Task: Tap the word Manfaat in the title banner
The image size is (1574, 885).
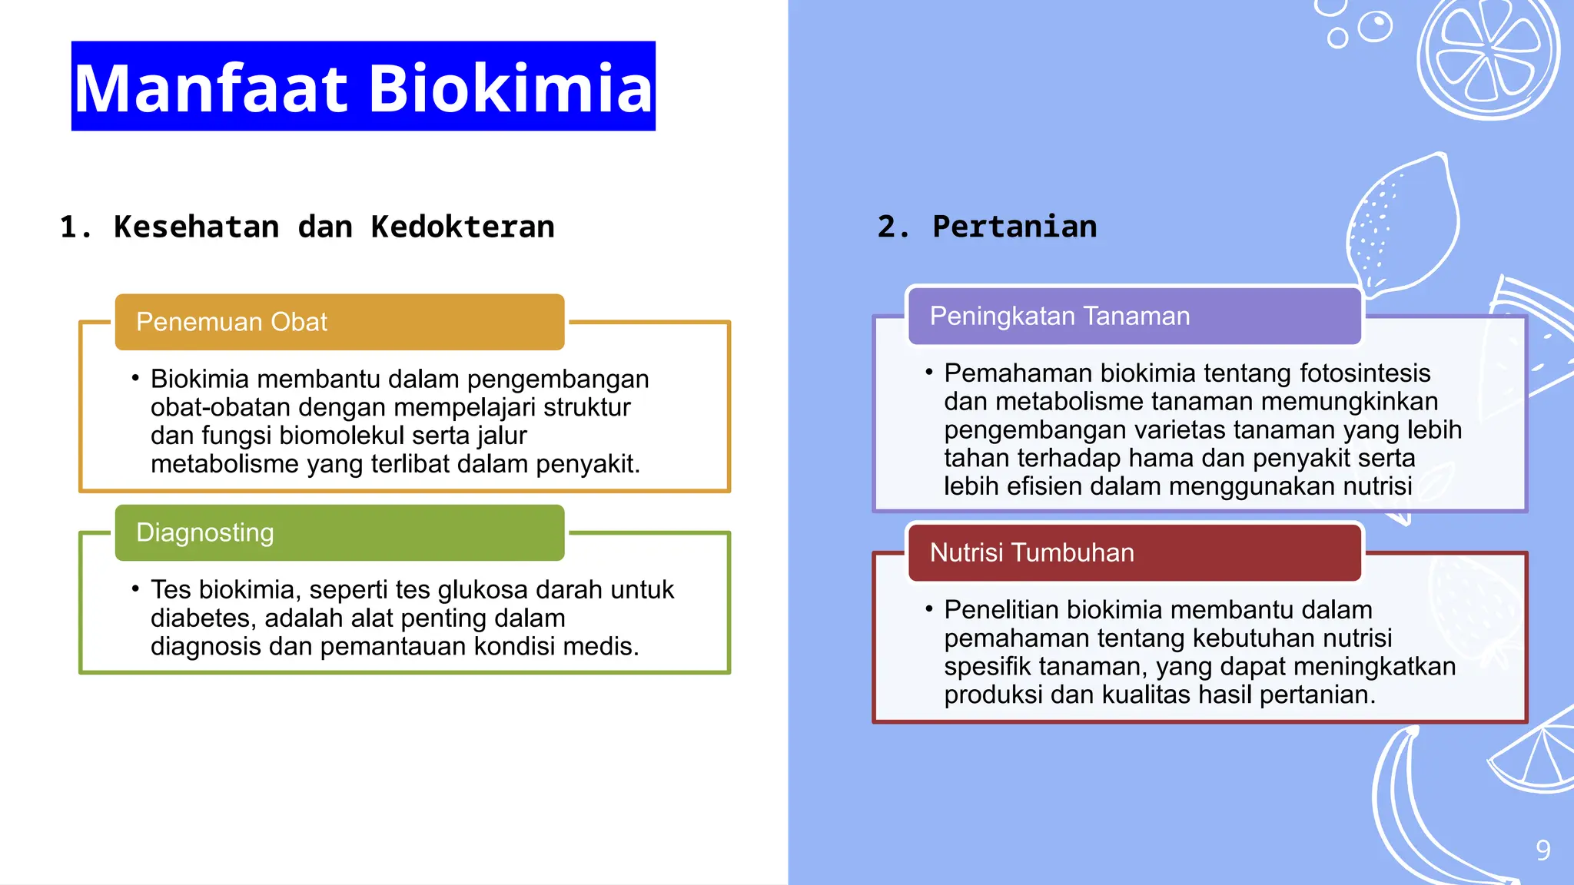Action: click(x=211, y=88)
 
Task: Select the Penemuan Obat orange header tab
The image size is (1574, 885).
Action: click(x=339, y=322)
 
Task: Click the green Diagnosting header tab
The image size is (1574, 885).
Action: click(x=339, y=532)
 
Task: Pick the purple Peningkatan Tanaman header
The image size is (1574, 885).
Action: click(x=1134, y=316)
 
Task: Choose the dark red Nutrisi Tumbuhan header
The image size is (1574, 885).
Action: click(x=1134, y=552)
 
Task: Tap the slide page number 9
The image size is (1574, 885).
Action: click(x=1542, y=850)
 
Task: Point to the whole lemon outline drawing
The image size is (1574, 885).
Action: click(x=1405, y=227)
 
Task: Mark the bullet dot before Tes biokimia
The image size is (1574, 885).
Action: click(x=135, y=589)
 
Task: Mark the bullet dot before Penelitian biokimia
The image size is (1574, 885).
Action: click(x=928, y=608)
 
